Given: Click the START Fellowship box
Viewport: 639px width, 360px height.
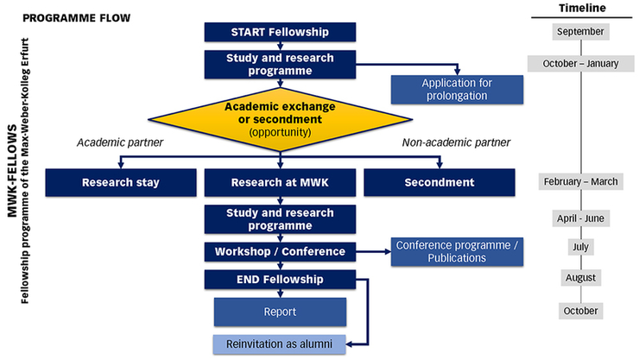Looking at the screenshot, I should click(279, 33).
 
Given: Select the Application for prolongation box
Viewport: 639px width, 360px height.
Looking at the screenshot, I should click(457, 89).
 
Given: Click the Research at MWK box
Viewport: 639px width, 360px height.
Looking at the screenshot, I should click(279, 182).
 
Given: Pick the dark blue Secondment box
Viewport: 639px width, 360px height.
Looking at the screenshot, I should click(440, 182).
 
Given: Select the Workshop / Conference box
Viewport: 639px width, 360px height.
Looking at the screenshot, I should click(279, 252).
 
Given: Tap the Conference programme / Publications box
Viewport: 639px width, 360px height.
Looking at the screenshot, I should click(457, 251).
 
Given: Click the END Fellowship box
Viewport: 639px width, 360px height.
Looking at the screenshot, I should click(279, 280).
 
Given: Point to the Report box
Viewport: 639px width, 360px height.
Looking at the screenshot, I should click(280, 312).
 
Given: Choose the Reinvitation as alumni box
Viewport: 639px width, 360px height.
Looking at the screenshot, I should click(280, 343).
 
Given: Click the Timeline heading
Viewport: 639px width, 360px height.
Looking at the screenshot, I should click(582, 8).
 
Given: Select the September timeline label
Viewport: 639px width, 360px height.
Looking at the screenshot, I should click(581, 32).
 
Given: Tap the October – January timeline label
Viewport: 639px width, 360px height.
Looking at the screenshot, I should click(581, 64).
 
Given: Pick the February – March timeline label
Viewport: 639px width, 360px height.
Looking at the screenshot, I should click(581, 181).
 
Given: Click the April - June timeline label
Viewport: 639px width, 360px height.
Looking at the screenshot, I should click(581, 218).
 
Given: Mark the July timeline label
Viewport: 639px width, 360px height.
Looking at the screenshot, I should click(581, 248).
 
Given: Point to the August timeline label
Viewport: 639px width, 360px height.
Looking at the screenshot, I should click(581, 278).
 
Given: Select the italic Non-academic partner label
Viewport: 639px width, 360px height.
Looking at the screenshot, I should click(456, 142).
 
